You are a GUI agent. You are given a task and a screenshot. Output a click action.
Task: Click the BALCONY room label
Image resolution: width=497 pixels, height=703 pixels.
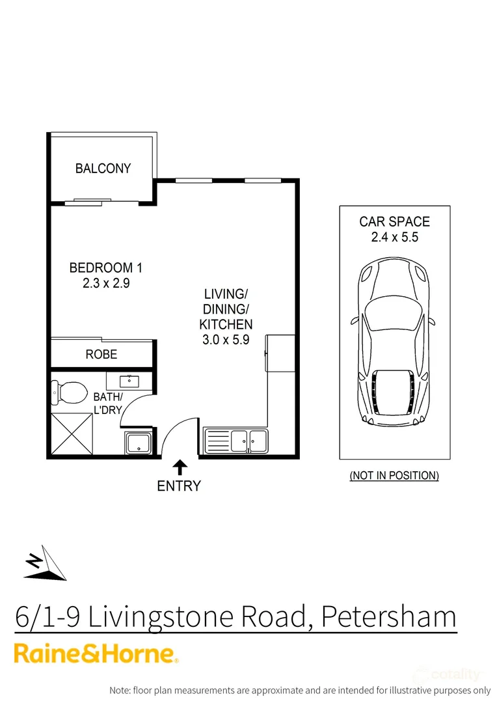pos(103,169)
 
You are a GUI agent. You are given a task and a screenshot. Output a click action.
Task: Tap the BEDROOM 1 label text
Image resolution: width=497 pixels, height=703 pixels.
pos(105,268)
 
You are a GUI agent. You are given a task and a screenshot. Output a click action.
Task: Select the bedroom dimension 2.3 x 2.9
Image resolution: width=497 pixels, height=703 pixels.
pos(105,283)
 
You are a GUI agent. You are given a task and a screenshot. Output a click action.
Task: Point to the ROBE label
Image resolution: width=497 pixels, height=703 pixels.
pos(101,354)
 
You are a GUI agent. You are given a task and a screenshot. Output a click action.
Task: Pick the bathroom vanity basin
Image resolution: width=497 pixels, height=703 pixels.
pos(129,381)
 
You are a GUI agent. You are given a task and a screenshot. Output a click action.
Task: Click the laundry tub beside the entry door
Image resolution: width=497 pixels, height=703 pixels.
pos(139,443)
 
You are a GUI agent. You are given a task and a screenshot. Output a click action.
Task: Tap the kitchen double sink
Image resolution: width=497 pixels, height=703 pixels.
pos(248,441)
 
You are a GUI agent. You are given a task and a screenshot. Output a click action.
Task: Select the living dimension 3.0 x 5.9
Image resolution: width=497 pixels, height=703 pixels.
pos(225,339)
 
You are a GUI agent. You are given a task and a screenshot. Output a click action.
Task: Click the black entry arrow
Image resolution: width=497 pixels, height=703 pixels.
pos(180,466)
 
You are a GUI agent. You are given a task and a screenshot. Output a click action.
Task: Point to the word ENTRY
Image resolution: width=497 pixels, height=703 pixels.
pos(179,486)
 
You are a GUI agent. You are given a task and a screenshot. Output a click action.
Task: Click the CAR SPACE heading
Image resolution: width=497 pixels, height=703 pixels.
pos(394,222)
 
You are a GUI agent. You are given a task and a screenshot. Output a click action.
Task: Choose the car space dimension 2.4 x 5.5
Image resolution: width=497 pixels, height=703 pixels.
pos(394,238)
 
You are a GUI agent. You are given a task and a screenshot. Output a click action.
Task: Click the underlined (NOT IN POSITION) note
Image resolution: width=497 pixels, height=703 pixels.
pos(394,476)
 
